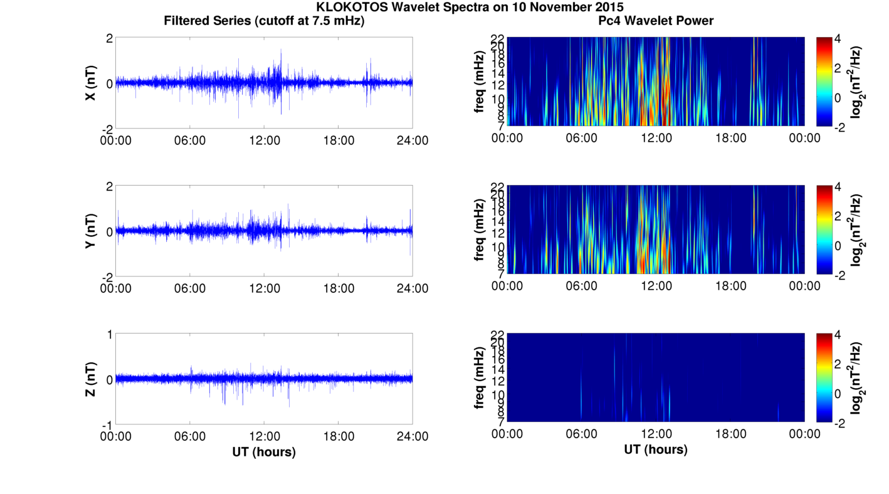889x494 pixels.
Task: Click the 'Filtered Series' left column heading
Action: pyautogui.click(x=264, y=21)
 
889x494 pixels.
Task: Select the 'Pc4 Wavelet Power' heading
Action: pyautogui.click(x=655, y=21)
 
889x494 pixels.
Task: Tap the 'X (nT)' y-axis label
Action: pyautogui.click(x=90, y=83)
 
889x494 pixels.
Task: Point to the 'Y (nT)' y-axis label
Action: pyautogui.click(x=90, y=231)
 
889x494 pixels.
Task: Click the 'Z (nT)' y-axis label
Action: pyautogui.click(x=90, y=379)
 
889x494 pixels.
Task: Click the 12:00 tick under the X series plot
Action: pyautogui.click(x=264, y=140)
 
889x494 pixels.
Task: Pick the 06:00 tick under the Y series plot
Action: pyautogui.click(x=190, y=288)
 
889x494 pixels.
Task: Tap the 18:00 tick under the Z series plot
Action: pyautogui.click(x=339, y=436)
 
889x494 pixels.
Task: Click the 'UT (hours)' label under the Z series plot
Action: pyautogui.click(x=264, y=451)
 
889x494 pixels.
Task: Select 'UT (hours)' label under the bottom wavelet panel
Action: pyautogui.click(x=655, y=449)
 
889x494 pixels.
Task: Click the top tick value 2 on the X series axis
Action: pyautogui.click(x=109, y=38)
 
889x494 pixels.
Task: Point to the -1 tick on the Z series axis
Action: pyautogui.click(x=107, y=424)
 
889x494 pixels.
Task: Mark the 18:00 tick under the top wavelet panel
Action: pyautogui.click(x=730, y=138)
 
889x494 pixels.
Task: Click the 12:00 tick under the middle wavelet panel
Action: pyautogui.click(x=656, y=286)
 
